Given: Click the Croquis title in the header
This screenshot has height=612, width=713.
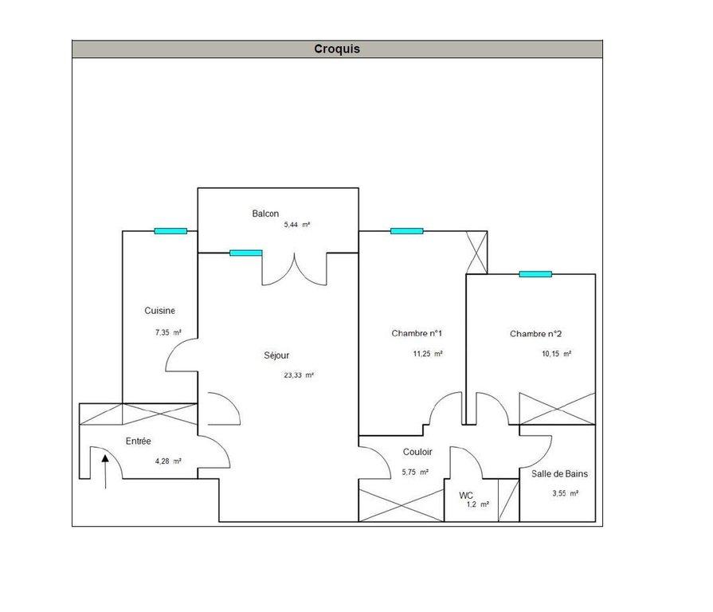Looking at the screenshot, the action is (337, 49).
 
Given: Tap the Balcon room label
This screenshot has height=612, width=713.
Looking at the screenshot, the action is (265, 214).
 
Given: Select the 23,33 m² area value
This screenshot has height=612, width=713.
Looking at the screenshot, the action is (299, 375).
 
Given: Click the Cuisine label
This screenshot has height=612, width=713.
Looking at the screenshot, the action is (159, 311).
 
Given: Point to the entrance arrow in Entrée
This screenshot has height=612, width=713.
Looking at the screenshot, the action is (105, 472).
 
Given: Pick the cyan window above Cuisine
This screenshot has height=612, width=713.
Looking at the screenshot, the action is (170, 231).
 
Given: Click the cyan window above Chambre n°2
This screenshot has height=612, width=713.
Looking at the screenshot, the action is (535, 274).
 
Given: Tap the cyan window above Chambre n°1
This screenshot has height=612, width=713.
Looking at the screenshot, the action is (407, 231).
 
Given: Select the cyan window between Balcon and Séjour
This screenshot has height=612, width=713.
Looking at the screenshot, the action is (246, 253).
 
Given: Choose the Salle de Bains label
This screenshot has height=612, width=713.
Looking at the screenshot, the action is (559, 474).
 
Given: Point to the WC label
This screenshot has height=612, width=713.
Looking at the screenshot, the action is (466, 496).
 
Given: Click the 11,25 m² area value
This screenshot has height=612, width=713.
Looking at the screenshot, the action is (428, 354).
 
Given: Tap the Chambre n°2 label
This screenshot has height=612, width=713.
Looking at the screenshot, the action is (535, 334).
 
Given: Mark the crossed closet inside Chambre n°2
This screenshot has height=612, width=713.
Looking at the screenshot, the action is (557, 409).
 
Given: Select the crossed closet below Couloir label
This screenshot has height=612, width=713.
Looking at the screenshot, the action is (401, 505).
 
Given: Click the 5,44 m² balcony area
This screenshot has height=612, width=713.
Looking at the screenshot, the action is (297, 225).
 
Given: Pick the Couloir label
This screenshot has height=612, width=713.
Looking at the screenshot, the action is (417, 452).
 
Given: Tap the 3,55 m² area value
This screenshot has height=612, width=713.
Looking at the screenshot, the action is (565, 493).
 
